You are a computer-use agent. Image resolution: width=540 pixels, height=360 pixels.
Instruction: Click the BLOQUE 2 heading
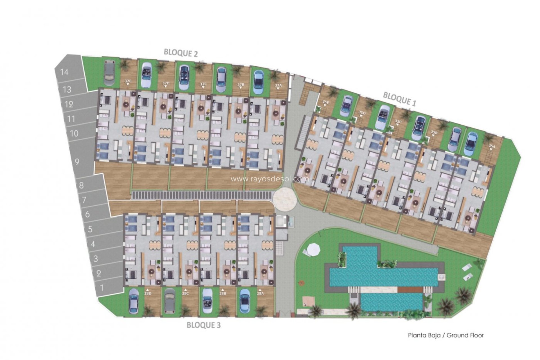tap(181, 53)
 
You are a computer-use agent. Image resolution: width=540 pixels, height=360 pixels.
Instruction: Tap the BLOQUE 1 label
tap(399, 99)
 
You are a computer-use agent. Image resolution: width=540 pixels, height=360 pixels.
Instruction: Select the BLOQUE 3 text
tap(204, 325)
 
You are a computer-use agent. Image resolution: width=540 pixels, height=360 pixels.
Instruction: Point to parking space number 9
tap(77, 162)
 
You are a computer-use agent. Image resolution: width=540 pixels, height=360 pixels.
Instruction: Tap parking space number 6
tap(87, 214)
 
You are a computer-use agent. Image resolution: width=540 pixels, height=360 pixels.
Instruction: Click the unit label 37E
tap(128, 81)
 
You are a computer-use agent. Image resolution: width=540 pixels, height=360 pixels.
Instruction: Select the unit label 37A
tap(278, 85)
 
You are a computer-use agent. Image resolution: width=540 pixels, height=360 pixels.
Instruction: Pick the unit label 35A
tap(492, 146)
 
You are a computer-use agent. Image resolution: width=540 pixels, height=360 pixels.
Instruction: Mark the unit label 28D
tap(148, 293)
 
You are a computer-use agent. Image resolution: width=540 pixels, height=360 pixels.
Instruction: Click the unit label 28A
tap(260, 293)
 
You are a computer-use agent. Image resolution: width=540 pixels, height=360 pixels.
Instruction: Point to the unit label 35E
tap(326, 102)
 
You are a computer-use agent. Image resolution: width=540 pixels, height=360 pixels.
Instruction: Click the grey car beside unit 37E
tap(109, 73)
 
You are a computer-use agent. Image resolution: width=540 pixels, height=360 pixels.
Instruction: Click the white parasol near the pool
tap(313, 249)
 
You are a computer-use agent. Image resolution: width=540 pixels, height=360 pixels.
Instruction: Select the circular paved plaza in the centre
tap(285, 199)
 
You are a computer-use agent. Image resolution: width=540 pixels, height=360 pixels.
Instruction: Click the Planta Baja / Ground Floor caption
tap(446, 335)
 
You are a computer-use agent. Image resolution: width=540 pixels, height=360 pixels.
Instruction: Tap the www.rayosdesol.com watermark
tap(270, 179)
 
